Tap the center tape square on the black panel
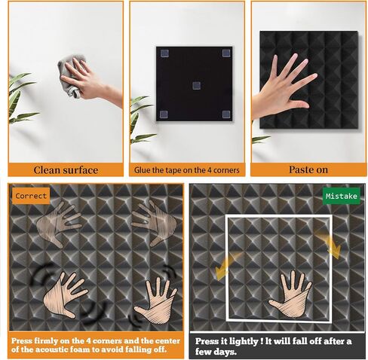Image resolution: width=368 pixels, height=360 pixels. click(x=196, y=86)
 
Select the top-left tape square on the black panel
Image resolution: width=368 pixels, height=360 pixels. click(x=164, y=53)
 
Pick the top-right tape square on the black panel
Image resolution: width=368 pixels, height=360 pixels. click(x=226, y=53)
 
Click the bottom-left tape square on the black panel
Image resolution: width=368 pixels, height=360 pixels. click(x=164, y=114)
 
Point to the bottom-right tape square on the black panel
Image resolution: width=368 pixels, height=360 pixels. click(x=226, y=114)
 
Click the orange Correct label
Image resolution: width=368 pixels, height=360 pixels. click(x=31, y=196)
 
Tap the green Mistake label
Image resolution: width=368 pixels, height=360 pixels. click(x=342, y=196)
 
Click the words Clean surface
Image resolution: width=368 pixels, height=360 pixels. click(x=66, y=170)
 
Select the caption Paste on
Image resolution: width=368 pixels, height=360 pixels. click(x=308, y=169)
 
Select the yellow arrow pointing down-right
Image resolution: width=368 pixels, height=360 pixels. click(x=330, y=245)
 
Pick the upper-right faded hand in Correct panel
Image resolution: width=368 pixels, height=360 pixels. click(x=155, y=221)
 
